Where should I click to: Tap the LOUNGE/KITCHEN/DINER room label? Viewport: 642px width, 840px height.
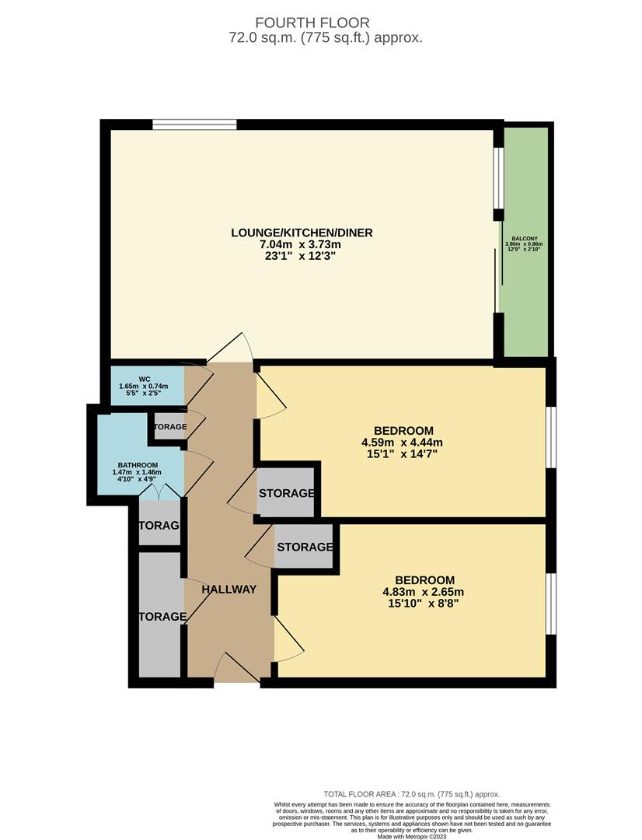click(x=302, y=233)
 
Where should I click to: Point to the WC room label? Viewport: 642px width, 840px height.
click(x=144, y=380)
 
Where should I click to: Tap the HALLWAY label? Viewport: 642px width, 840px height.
click(x=229, y=590)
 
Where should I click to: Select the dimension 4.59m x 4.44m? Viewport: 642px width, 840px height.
click(x=403, y=443)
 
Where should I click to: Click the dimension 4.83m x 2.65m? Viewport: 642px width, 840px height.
click(x=424, y=591)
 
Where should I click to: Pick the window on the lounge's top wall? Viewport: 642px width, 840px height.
click(x=194, y=124)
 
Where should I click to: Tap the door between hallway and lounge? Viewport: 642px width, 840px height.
click(x=231, y=349)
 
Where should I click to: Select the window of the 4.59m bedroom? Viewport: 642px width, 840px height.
click(x=550, y=438)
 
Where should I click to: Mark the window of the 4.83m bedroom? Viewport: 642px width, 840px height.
click(x=550, y=604)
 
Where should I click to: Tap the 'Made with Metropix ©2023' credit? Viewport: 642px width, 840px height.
click(x=411, y=836)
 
